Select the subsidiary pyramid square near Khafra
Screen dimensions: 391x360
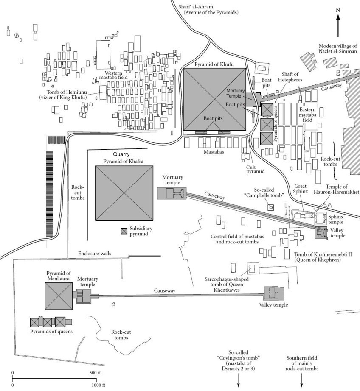pos(124,231)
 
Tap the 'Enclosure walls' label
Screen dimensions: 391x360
pos(95,253)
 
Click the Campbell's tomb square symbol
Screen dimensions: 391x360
pos(270,207)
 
